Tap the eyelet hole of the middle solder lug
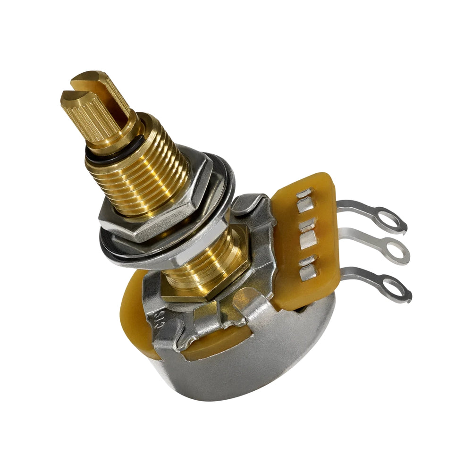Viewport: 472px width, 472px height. pos(396,251)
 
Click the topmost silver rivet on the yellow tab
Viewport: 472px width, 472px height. pos(304,193)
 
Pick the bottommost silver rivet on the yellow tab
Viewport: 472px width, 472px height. pos(308,273)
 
